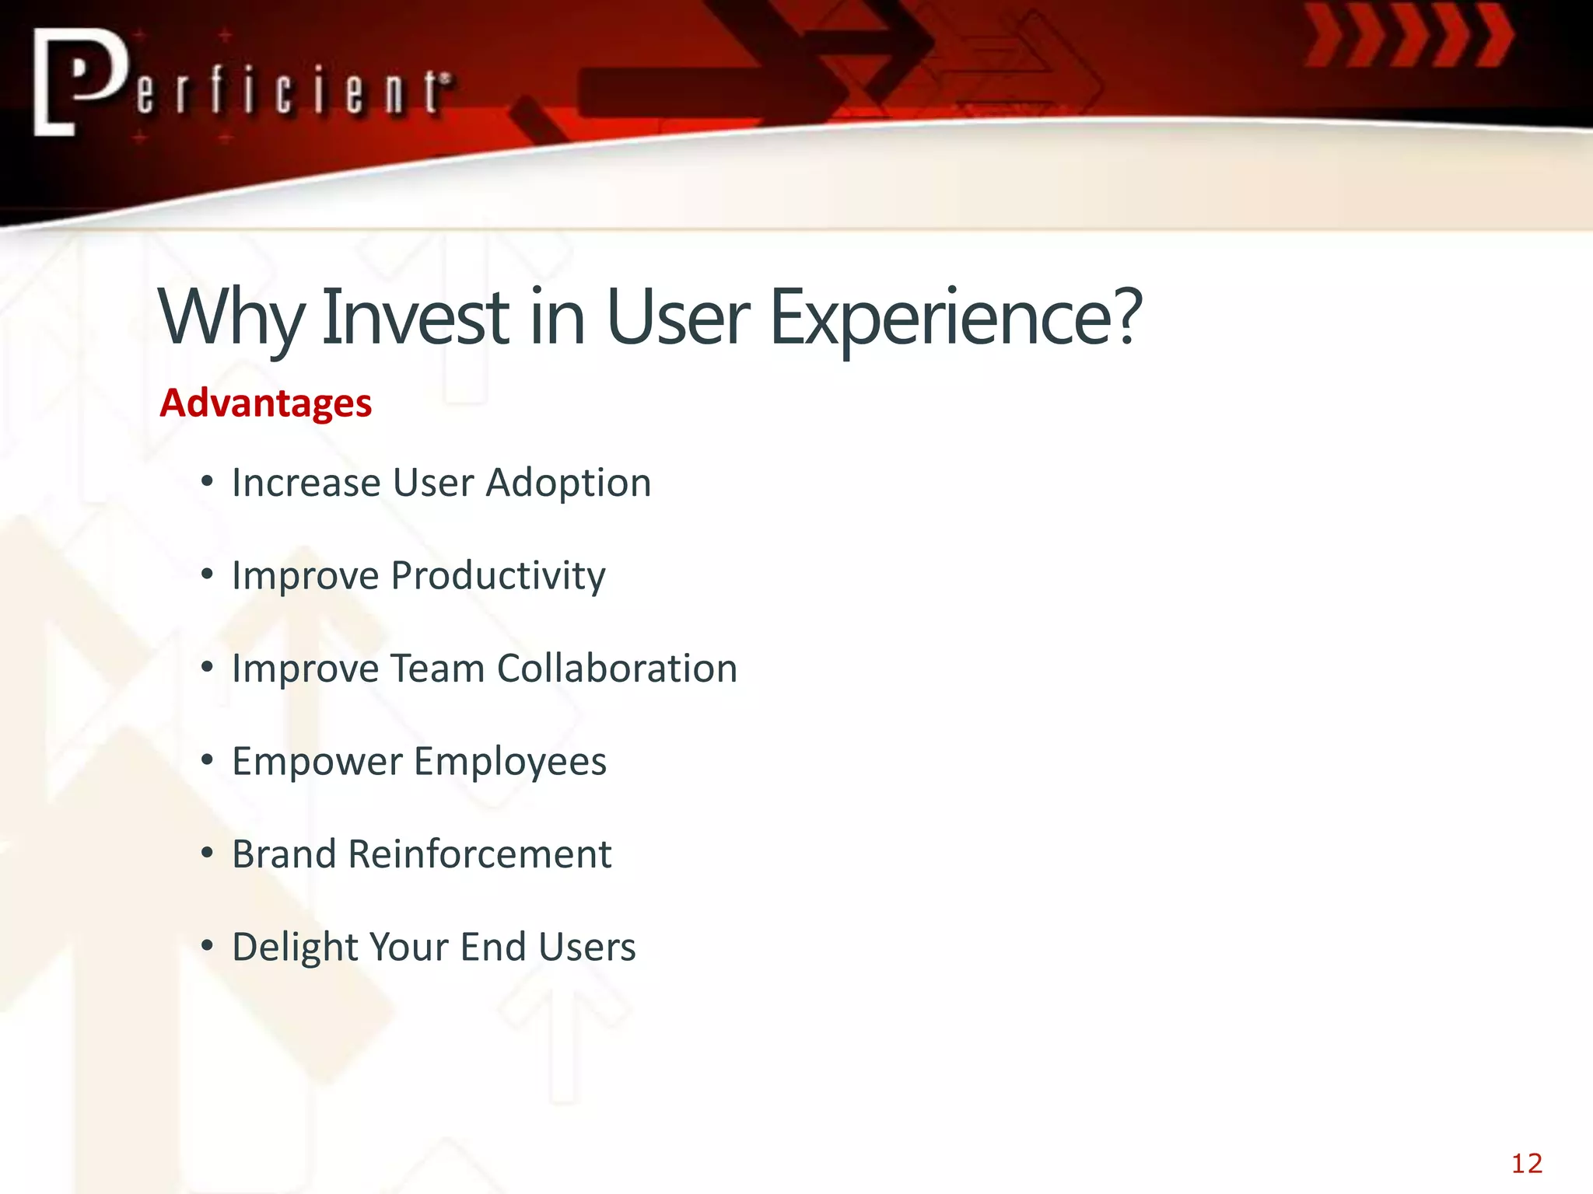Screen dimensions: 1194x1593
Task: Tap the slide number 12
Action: tap(1526, 1164)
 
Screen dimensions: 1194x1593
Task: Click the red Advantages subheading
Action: tap(265, 403)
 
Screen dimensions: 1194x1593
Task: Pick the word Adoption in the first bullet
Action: tap(568, 484)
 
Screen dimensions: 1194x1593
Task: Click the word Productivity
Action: tap(498, 576)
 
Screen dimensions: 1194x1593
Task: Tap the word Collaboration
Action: tap(616, 669)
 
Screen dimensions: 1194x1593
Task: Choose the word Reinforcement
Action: tap(480, 854)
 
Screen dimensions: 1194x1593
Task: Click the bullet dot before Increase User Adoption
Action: tap(206, 482)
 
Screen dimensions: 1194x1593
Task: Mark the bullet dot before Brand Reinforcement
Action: tap(206, 854)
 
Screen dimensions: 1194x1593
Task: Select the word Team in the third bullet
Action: tap(436, 669)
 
